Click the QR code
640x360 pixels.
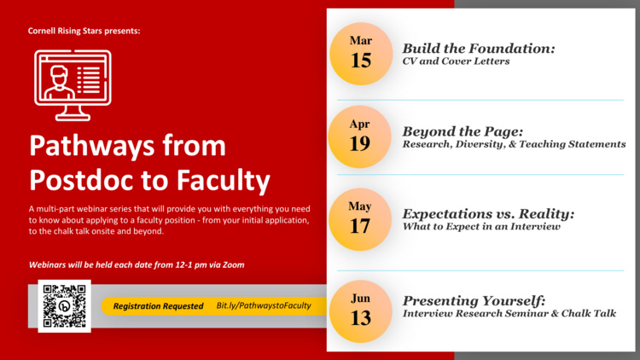point(65,305)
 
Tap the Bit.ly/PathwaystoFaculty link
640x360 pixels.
point(264,305)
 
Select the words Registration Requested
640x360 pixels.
point(159,306)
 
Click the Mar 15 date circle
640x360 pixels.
point(361,54)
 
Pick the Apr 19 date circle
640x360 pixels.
point(359,136)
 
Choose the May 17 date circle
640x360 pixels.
point(360,219)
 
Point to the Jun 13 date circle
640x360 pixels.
point(361,311)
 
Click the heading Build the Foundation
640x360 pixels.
point(479,49)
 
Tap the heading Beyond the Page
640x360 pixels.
point(463,131)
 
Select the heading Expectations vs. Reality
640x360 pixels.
point(489,214)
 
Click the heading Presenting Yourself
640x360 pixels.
point(474,301)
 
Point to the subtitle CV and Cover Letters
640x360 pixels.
point(456,61)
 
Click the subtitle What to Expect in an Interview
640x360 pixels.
point(481,227)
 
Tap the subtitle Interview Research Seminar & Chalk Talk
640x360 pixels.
point(509,313)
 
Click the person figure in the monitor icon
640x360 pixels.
point(60,83)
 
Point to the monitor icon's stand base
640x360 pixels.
point(73,118)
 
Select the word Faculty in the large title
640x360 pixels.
point(223,180)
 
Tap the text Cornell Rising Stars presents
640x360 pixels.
point(84,31)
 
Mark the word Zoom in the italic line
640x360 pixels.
point(234,265)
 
